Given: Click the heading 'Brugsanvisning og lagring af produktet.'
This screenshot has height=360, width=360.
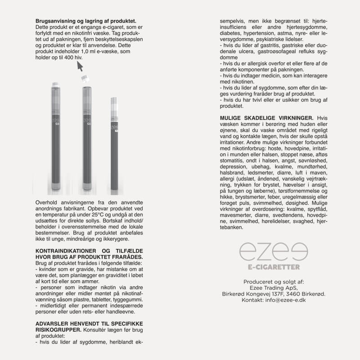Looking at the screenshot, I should click(85, 21).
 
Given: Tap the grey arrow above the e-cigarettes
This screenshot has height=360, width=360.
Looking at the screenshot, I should click(80, 66).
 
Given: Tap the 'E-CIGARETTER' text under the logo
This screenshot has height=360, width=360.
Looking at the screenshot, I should click(274, 267).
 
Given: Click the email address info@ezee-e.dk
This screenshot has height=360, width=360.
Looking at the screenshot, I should click(285, 300).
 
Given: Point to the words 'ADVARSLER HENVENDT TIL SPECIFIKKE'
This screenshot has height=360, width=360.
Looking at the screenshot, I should click(89, 323).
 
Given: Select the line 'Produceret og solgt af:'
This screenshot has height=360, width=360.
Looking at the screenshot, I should click(274, 282).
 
